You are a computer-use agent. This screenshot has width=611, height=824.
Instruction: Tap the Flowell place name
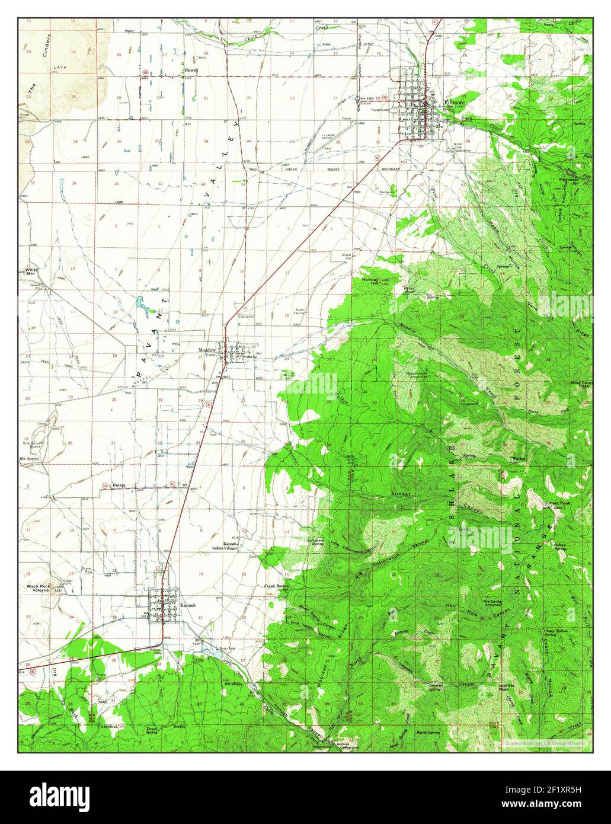[190, 70]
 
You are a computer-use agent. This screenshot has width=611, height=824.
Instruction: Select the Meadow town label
[207, 350]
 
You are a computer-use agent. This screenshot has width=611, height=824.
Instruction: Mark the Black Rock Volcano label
[41, 589]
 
